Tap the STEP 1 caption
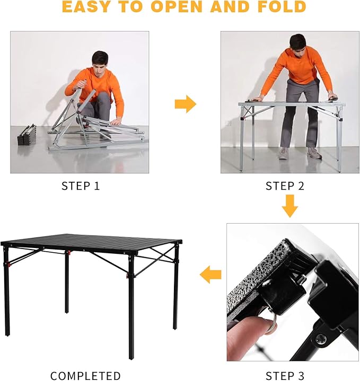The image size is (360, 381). (x=81, y=186)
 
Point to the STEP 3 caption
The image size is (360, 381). (x=285, y=376)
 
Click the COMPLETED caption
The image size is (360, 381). (x=85, y=376)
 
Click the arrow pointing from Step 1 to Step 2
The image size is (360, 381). (x=185, y=104)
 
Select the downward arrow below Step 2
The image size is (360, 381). (x=289, y=206)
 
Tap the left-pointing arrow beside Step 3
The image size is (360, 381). (x=210, y=274)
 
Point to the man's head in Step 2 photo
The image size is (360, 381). (x=297, y=42)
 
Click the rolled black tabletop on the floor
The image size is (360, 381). (x=27, y=135)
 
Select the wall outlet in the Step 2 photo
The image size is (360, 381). (x=230, y=123)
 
